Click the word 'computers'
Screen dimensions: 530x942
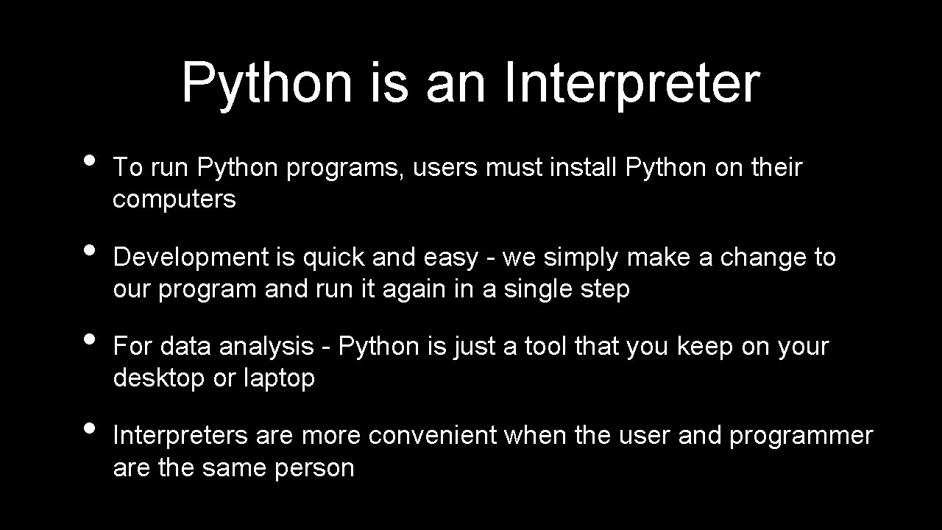click(174, 199)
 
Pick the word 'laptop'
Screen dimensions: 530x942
click(279, 378)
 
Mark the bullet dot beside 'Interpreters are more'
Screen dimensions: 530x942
click(90, 428)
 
